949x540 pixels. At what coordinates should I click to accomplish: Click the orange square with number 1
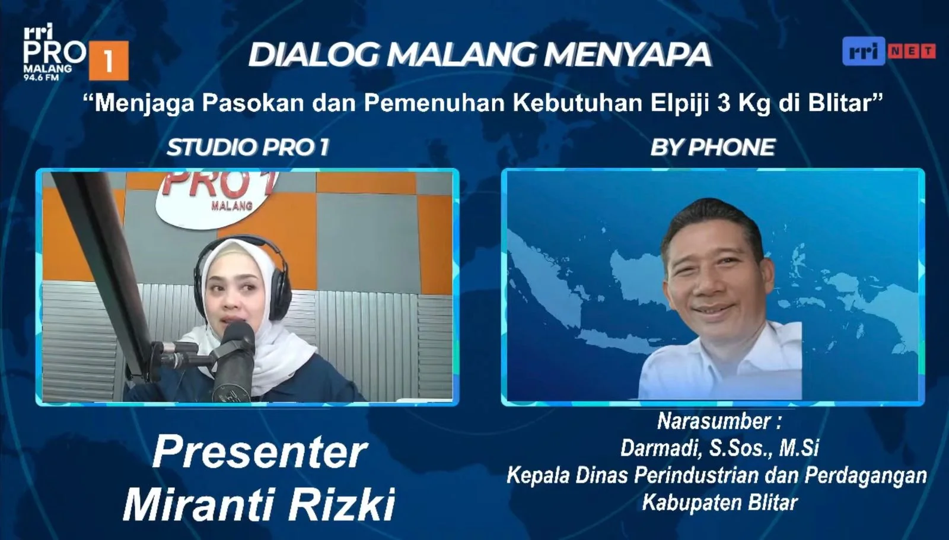109,60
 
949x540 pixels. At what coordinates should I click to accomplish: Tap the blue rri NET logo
889,51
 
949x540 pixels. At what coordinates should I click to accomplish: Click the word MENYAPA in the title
628,54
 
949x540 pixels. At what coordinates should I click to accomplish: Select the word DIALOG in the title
314,54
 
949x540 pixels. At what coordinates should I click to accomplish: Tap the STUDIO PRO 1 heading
248,148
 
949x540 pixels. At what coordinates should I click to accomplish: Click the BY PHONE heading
712,148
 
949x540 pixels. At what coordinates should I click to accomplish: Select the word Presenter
260,452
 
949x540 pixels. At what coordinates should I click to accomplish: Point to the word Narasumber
715,421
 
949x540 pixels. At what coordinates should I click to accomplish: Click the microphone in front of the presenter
234,360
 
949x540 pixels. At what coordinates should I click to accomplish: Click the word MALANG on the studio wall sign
232,206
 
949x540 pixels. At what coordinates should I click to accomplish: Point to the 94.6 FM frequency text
41,78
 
